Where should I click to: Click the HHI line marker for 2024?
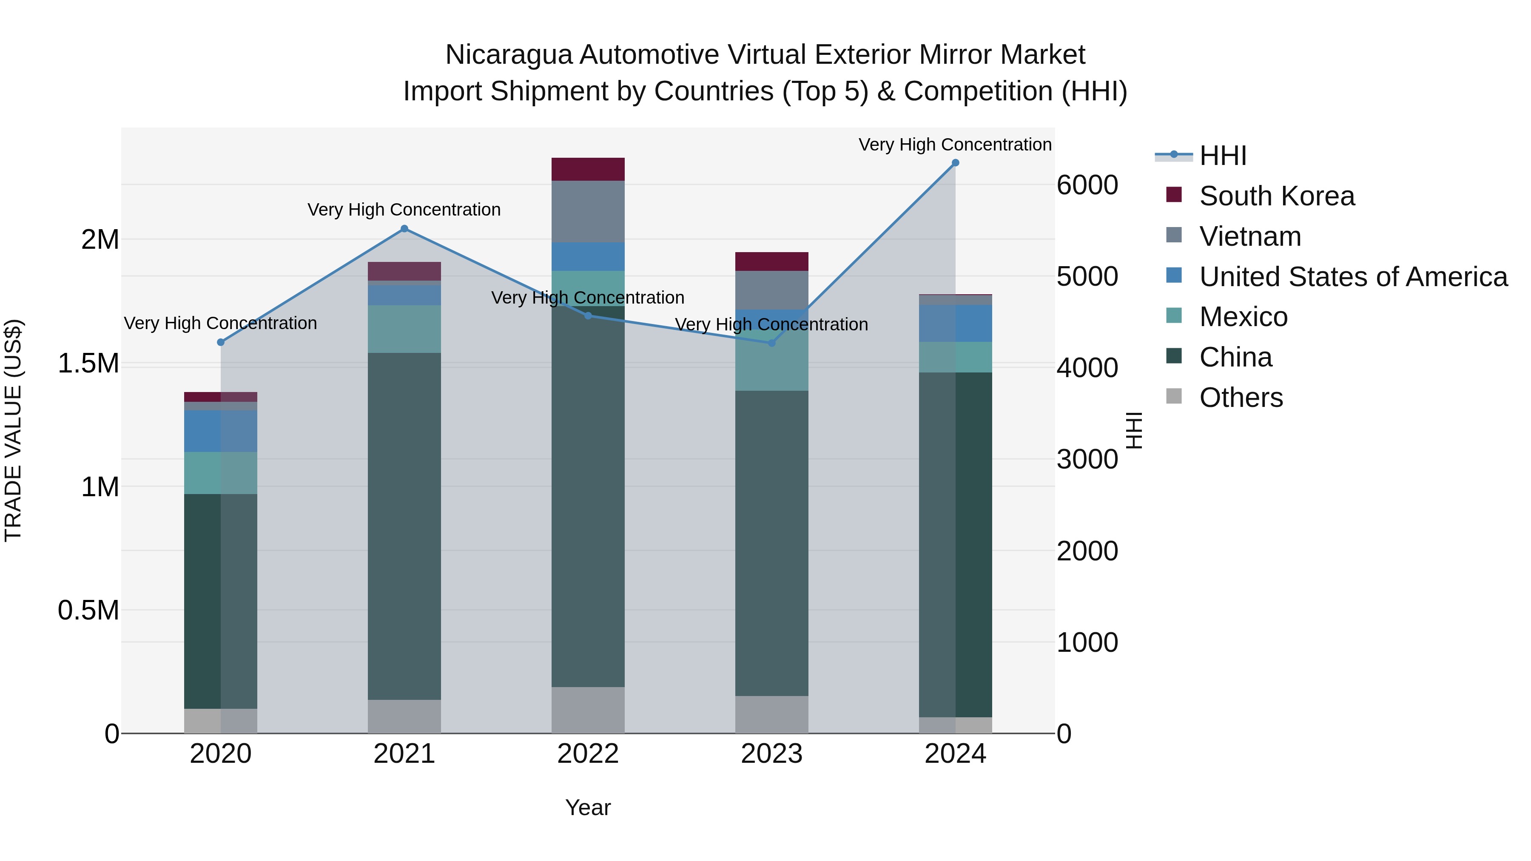(955, 163)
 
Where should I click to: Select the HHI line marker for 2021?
(404, 229)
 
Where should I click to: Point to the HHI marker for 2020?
(220, 342)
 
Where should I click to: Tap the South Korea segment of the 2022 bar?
(588, 169)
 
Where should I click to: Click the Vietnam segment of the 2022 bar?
(588, 212)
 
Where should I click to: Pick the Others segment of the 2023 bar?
(771, 714)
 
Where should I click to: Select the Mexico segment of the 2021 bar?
(404, 329)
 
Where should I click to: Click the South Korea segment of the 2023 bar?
(771, 261)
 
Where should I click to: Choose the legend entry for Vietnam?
(1249, 236)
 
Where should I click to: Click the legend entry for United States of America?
(1353, 277)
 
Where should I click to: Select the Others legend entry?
(1241, 398)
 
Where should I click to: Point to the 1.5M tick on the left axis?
(88, 363)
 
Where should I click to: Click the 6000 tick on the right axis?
(1087, 185)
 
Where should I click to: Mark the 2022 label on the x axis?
(588, 754)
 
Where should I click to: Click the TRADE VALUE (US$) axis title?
(13, 430)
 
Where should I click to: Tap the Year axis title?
(588, 807)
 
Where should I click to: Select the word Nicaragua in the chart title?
(509, 55)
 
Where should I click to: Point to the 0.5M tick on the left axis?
(88, 610)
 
